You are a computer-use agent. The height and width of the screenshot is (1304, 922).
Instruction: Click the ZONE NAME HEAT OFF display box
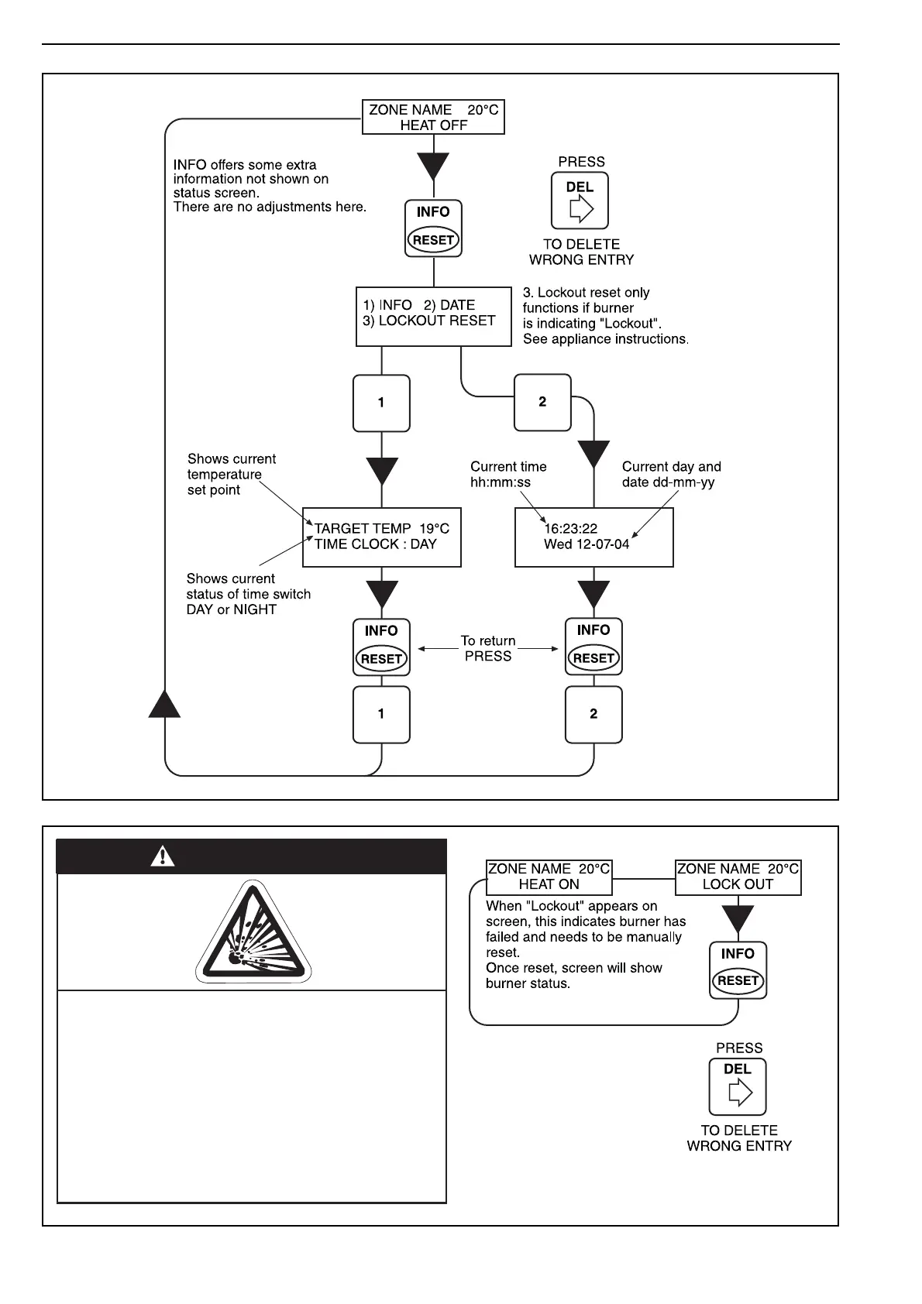click(x=433, y=117)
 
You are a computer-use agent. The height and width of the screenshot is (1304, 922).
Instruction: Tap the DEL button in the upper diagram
click(x=580, y=201)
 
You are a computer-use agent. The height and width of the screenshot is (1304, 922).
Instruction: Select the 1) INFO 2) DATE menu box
click(x=433, y=316)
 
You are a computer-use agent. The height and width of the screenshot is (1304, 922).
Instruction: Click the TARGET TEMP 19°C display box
click(x=381, y=537)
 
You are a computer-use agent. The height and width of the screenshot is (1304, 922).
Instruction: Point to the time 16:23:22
click(x=571, y=529)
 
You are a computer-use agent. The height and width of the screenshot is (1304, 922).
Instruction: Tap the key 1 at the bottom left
click(x=381, y=714)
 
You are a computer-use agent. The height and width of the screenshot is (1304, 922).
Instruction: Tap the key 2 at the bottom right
click(x=593, y=714)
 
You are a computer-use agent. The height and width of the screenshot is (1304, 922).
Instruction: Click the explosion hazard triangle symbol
click(x=253, y=932)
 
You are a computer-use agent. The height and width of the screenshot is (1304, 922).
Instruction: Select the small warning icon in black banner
click(x=163, y=856)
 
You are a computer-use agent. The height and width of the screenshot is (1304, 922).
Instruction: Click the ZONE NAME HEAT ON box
click(x=549, y=877)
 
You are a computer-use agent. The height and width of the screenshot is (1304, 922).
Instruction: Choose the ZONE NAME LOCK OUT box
click(x=738, y=877)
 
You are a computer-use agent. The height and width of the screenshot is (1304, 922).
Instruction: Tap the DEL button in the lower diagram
click(x=738, y=1086)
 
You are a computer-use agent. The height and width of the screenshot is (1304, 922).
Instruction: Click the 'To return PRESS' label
click(x=488, y=649)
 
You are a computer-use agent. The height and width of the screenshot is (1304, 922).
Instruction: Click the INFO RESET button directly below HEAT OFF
click(x=433, y=228)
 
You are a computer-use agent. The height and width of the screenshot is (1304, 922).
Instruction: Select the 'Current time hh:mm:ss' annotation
click(x=508, y=474)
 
